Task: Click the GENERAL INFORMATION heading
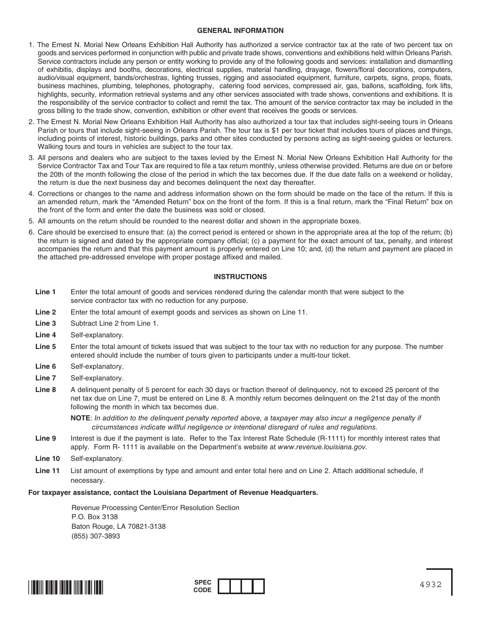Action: [240, 30]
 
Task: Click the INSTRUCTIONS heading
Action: [240, 277]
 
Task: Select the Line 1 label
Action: [46, 292]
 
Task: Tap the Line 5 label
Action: [46, 346]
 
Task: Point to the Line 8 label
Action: [46, 390]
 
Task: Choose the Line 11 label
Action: [48, 471]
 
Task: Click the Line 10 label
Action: [48, 458]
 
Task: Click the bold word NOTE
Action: [80, 418]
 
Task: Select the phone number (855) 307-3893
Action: [96, 536]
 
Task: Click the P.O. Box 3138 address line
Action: [95, 517]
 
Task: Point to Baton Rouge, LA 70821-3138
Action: [118, 526]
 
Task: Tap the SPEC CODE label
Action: [203, 586]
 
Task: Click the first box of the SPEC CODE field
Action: [224, 586]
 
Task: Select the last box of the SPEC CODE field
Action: [258, 586]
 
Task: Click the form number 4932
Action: [430, 584]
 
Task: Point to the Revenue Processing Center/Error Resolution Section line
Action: [155, 508]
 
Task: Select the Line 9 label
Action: [46, 438]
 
